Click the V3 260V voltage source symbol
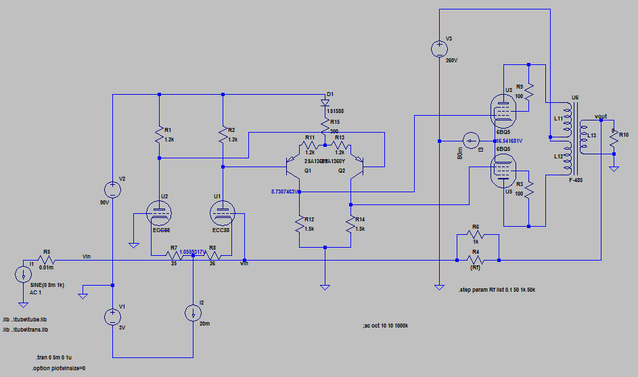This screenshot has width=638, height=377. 438,49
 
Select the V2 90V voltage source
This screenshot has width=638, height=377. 112,190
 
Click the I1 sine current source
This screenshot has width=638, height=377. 23,275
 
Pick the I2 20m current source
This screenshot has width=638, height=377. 193,313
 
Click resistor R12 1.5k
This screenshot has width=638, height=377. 298,225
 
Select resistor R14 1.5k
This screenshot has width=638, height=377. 351,225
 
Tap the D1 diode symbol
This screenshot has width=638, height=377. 325,104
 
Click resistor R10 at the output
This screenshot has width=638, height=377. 613,139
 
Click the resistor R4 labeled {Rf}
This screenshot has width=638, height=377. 476,259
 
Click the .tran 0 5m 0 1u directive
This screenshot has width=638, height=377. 60,357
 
